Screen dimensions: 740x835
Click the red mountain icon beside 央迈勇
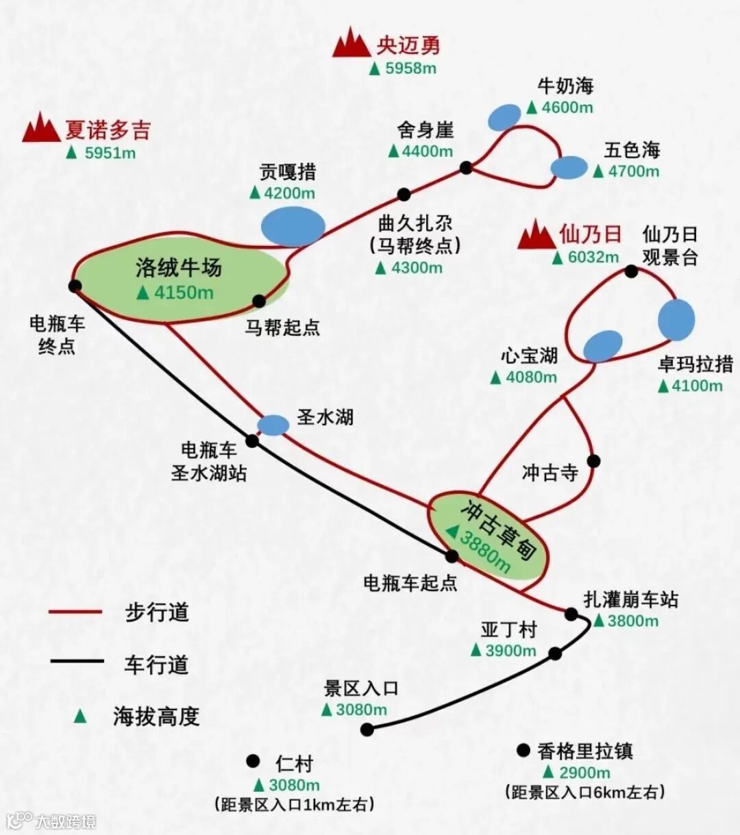[351, 43]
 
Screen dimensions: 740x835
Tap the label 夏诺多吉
[108, 130]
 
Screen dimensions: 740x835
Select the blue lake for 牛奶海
[505, 117]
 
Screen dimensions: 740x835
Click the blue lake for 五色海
[569, 167]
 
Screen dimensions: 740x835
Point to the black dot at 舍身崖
[467, 167]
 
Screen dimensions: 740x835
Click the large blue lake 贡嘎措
[293, 226]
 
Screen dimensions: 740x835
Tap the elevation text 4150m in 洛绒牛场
[184, 292]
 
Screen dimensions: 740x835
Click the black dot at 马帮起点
[259, 301]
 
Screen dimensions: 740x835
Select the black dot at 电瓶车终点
[75, 286]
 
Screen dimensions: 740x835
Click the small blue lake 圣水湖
[273, 425]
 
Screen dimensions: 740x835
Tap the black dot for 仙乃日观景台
[631, 272]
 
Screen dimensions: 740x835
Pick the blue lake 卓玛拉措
[676, 320]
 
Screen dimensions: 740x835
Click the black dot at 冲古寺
[593, 461]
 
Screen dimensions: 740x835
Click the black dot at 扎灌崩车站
[571, 614]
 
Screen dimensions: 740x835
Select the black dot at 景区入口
[367, 730]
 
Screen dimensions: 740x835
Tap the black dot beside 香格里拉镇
[524, 751]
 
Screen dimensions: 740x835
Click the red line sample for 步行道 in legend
[75, 612]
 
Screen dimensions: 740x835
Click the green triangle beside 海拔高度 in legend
[81, 716]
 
